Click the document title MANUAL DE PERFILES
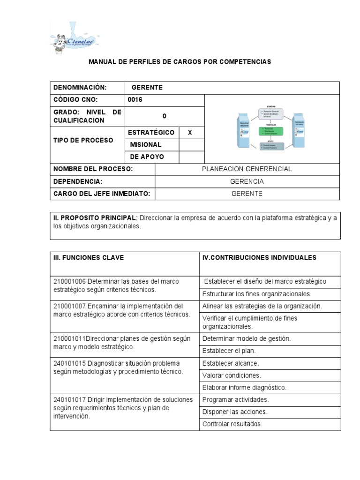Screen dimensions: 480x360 (180, 62)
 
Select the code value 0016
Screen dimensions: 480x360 (135, 100)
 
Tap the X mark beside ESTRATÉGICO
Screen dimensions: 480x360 (190, 133)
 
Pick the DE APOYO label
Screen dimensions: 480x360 (146, 157)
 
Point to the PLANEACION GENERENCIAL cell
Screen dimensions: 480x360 (247, 169)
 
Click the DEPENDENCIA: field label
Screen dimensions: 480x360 (77, 181)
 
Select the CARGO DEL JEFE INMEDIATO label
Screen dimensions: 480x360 (101, 194)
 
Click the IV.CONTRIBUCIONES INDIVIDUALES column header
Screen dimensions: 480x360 (259, 257)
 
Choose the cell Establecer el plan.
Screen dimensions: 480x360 (229, 350)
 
